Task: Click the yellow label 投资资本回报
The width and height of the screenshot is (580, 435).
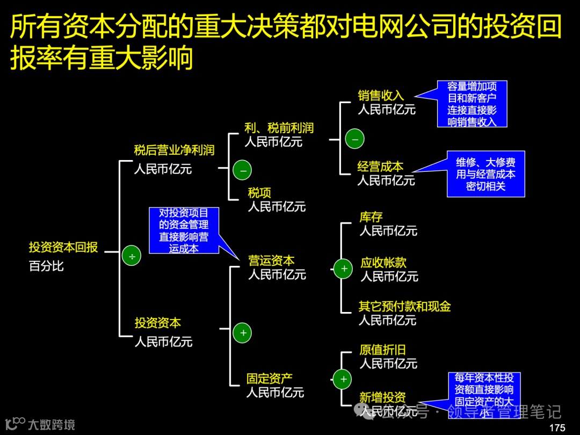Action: (x=63, y=248)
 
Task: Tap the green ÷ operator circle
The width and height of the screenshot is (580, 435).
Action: (x=132, y=257)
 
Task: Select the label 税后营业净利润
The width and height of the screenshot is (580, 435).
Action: (x=174, y=150)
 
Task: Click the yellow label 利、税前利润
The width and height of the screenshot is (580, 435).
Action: (x=279, y=128)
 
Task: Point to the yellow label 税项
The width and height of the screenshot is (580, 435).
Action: (x=259, y=193)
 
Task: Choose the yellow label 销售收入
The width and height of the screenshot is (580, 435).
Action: (x=381, y=96)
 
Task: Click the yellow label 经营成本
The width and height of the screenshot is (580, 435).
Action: (x=380, y=166)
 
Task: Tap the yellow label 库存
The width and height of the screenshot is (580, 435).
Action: (x=371, y=217)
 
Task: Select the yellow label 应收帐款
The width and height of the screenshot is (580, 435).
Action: (x=383, y=263)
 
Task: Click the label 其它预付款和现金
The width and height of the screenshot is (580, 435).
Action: (x=404, y=307)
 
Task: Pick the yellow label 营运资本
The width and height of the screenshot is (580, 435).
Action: (x=271, y=261)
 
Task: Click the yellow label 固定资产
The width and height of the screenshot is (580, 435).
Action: (x=270, y=379)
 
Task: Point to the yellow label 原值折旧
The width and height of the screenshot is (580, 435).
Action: (x=382, y=350)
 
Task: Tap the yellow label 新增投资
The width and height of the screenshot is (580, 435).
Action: (x=382, y=397)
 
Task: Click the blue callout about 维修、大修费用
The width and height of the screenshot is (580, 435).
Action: (x=485, y=174)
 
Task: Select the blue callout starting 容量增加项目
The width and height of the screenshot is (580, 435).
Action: (x=472, y=104)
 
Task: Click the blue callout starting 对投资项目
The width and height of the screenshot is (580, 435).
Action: (x=184, y=230)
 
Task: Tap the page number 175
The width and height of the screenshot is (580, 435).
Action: (x=557, y=427)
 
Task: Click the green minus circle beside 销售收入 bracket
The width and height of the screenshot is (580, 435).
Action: (x=354, y=139)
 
